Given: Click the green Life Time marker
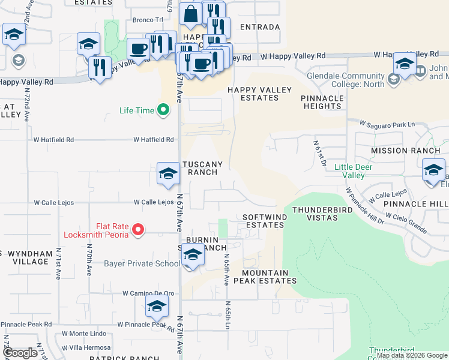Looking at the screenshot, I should pyautogui.click(x=162, y=110).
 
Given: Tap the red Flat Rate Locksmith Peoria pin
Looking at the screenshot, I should pyautogui.click(x=137, y=229).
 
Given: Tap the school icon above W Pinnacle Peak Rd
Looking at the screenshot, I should pyautogui.click(x=157, y=307).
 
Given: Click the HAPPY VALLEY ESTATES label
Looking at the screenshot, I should pyautogui.click(x=259, y=94).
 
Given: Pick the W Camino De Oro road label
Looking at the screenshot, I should pyautogui.click(x=148, y=293).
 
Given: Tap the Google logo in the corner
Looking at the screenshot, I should pyautogui.click(x=20, y=353).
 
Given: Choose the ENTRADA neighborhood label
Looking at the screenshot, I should pyautogui.click(x=259, y=27).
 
